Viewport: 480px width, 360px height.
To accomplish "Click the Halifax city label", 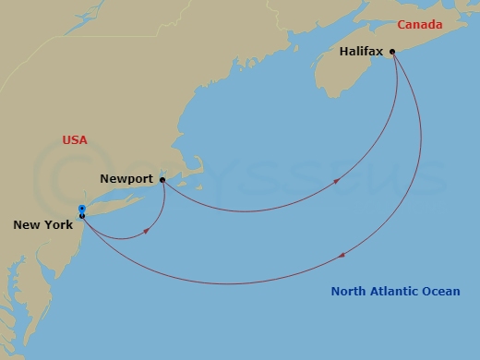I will coord(361,53).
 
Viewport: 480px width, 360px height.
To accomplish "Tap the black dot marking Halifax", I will coord(393,52).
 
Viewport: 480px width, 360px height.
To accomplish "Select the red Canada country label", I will coord(421,24).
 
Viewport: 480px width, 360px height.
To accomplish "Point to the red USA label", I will coord(75,139).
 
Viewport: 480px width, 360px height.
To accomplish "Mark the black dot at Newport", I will coord(162,180).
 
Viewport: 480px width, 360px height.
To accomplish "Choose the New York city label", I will coord(43,224).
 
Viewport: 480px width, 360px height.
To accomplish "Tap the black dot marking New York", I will coord(82,216).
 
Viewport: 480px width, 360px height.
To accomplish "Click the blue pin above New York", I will coord(82,209).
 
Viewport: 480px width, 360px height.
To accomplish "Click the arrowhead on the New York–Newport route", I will coord(146,232).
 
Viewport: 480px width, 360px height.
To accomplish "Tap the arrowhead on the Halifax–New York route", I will coord(342,255).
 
